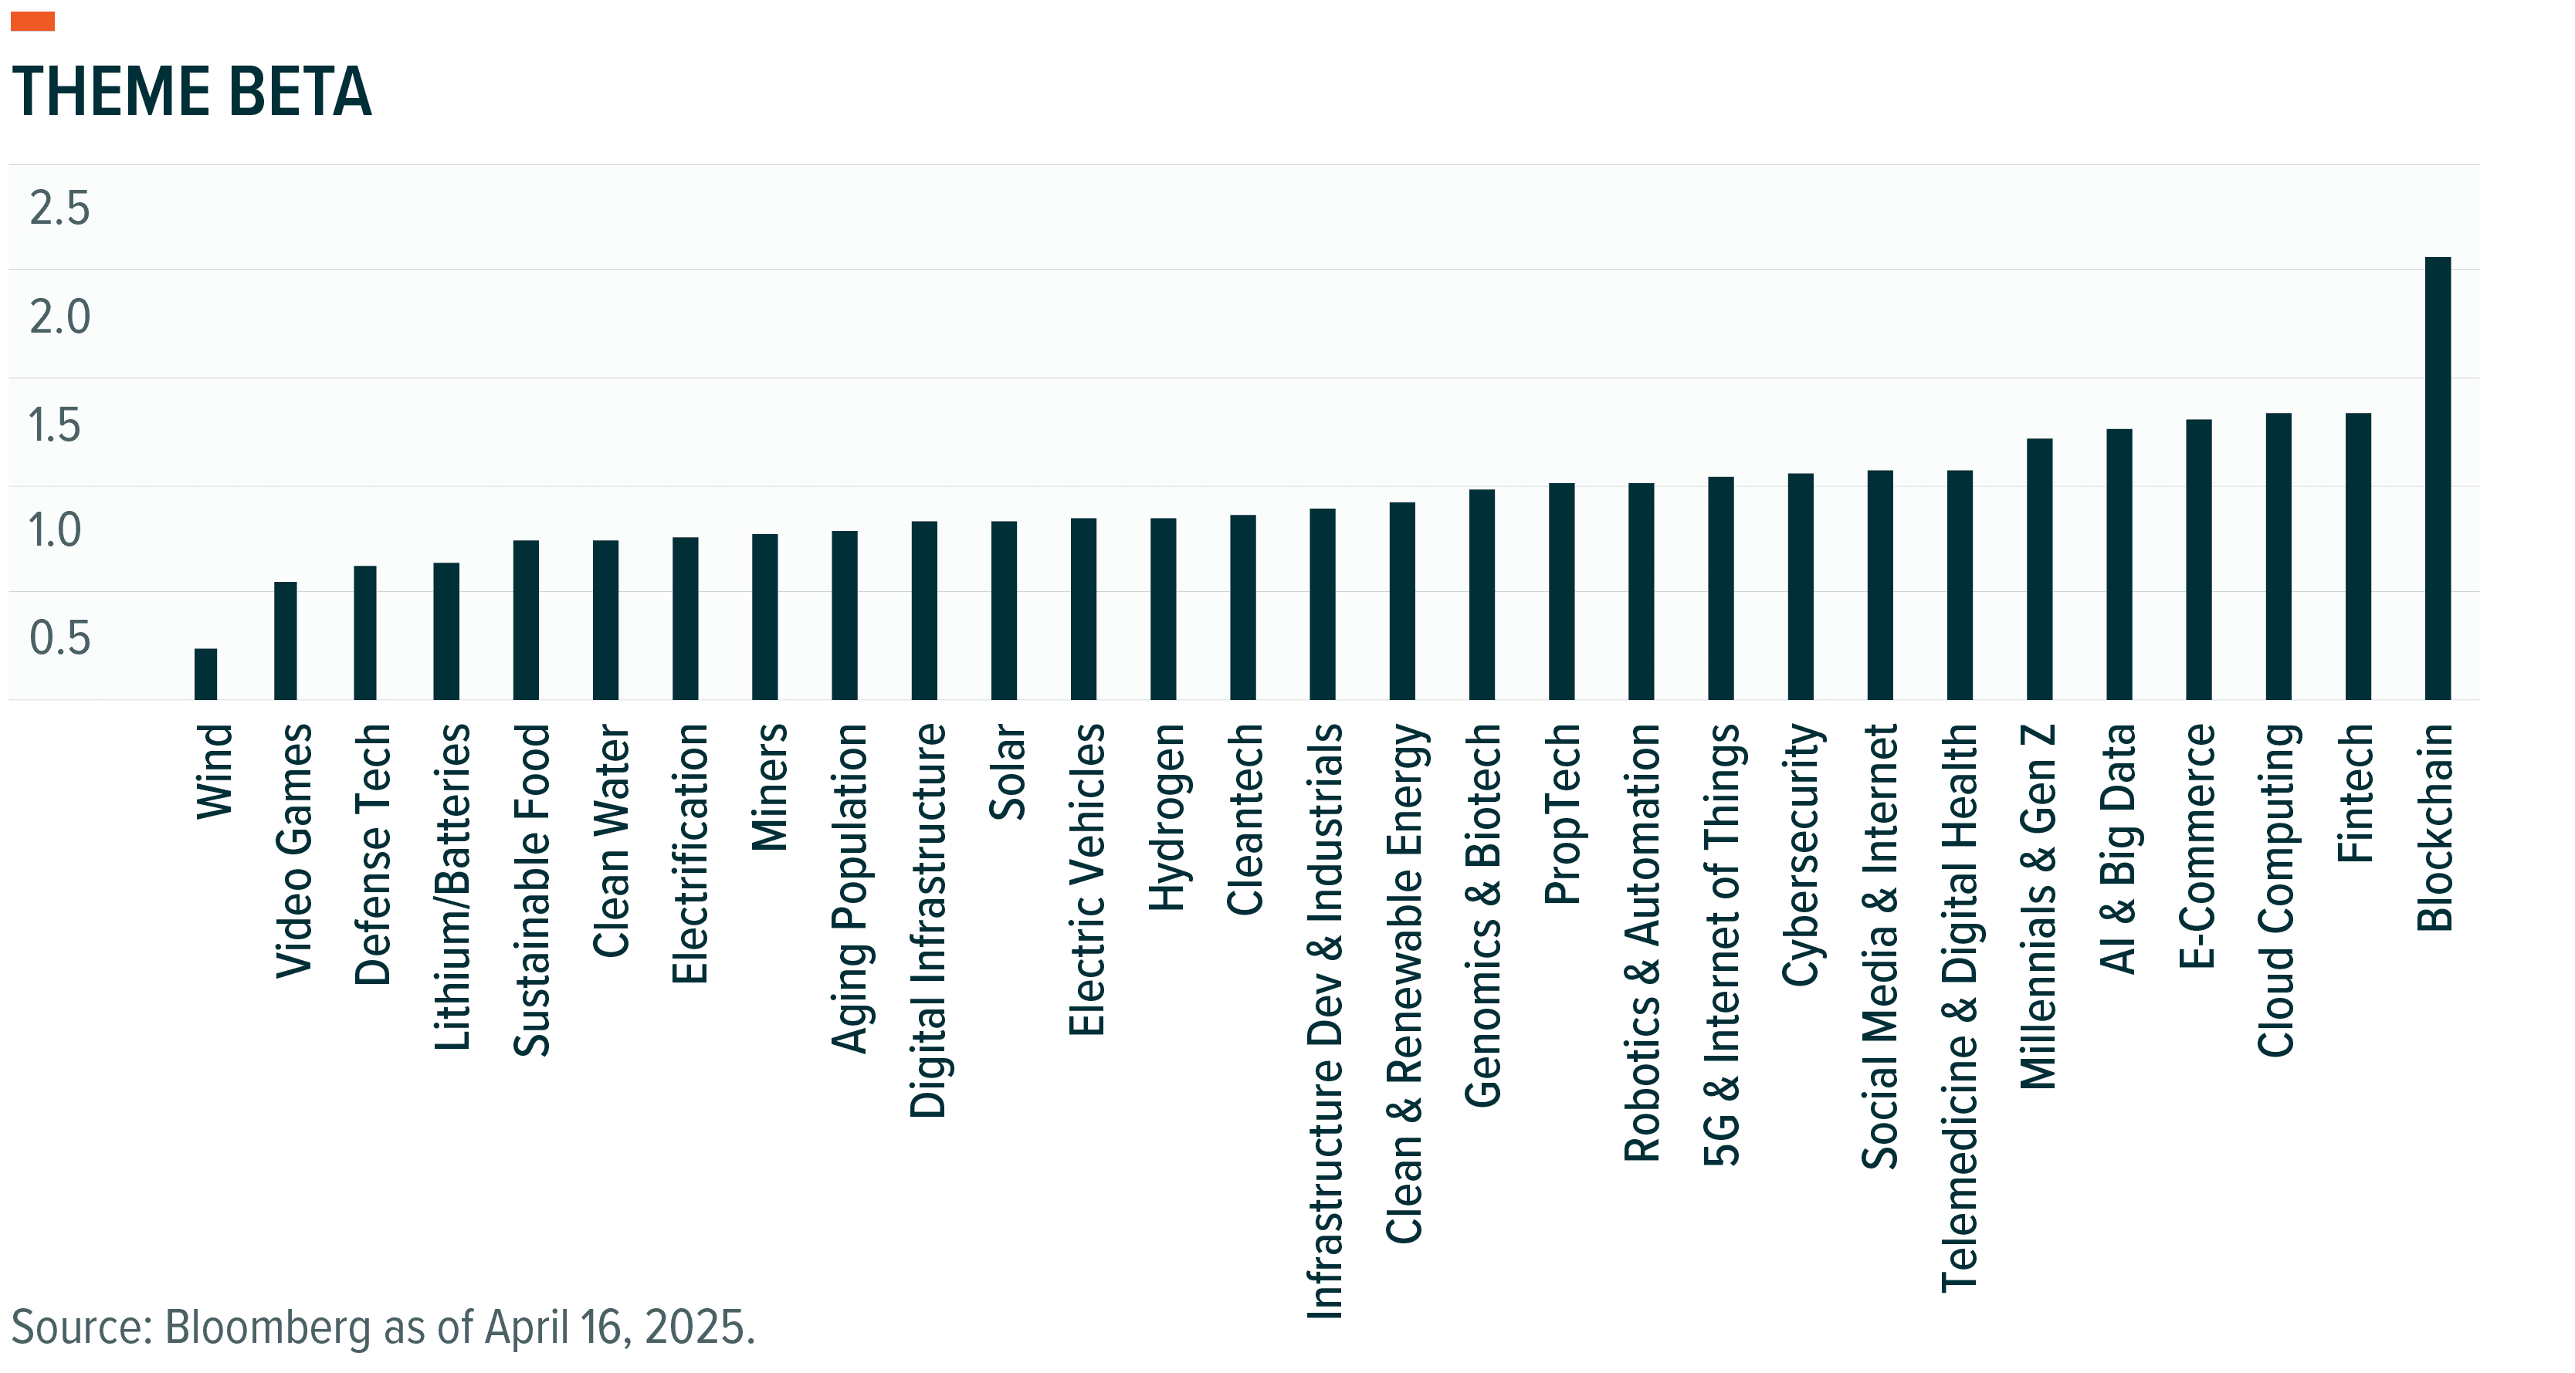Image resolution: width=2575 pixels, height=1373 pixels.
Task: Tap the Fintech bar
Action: [2358, 556]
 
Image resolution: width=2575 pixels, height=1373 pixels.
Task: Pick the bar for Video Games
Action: [285, 641]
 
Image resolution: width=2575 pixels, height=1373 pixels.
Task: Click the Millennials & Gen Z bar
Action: [2039, 569]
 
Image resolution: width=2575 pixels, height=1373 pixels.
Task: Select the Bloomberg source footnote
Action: [383, 1327]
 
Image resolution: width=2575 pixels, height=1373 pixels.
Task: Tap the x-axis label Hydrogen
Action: [1166, 817]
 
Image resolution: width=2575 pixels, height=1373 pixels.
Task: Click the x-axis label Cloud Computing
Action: [2276, 889]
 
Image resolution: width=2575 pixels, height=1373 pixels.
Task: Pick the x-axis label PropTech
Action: [1563, 813]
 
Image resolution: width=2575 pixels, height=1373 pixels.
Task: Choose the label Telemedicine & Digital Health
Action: [1960, 1007]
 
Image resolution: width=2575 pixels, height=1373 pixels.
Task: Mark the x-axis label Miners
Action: [769, 786]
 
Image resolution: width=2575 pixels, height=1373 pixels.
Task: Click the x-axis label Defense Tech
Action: [372, 854]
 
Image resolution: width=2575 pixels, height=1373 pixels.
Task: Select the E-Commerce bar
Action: [2198, 559]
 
